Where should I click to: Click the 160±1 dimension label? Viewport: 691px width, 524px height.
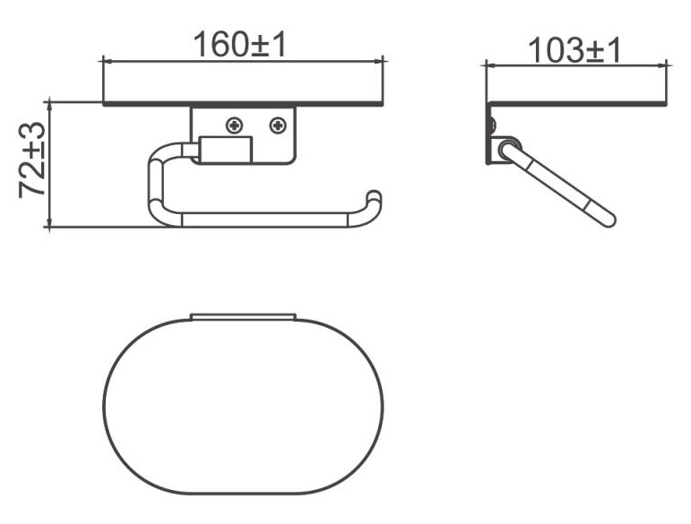click(x=240, y=45)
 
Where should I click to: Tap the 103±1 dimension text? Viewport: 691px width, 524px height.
click(x=574, y=50)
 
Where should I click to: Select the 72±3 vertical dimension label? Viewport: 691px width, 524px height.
click(x=32, y=159)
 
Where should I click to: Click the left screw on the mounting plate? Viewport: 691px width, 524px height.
click(x=235, y=126)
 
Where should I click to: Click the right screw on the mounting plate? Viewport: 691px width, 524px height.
click(x=278, y=126)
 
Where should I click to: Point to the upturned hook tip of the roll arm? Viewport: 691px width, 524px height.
click(x=374, y=196)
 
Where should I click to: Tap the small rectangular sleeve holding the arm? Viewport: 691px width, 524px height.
click(x=226, y=150)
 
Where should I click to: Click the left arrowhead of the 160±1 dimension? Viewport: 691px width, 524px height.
click(x=108, y=61)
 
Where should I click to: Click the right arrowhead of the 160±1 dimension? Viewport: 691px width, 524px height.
click(x=378, y=61)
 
